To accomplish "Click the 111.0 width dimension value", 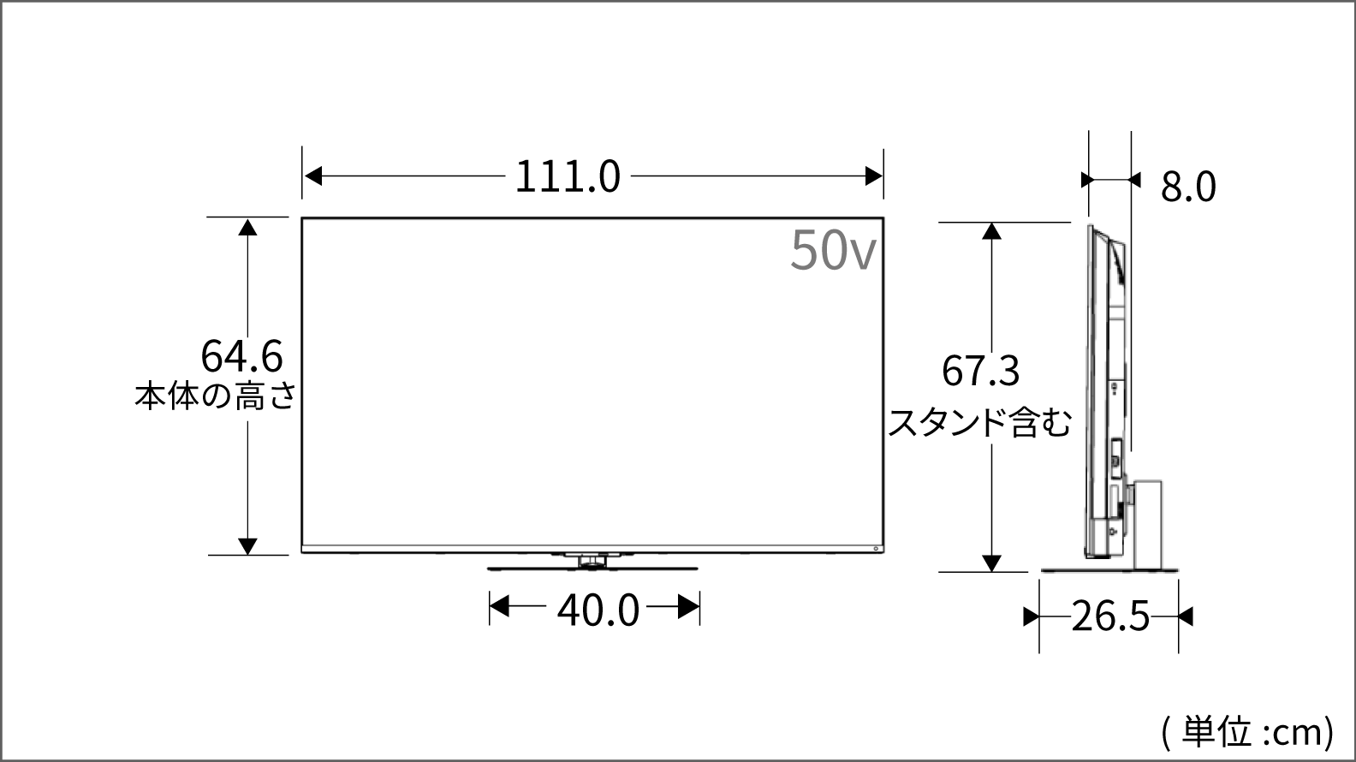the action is (x=568, y=176).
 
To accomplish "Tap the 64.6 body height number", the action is (x=241, y=356).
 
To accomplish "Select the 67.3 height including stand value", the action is (x=981, y=371).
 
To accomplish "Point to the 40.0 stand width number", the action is (x=598, y=610).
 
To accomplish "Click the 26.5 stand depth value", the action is (x=1110, y=616).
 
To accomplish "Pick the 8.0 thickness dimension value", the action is (x=1188, y=187).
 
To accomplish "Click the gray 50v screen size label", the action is (x=833, y=249).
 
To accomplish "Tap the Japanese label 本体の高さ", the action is (x=216, y=396).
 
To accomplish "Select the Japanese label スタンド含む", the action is (x=979, y=422).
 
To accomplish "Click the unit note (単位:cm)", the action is (x=1248, y=732).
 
